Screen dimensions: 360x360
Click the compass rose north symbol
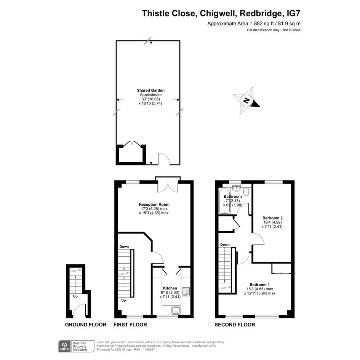coord(246,101)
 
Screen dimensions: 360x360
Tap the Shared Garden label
coord(150,90)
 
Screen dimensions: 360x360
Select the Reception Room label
coord(154,204)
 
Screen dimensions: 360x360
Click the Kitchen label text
coord(170,288)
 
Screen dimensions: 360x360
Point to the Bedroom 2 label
coord(272,218)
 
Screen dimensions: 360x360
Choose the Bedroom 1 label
coord(260,285)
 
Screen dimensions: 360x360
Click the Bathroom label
coord(233,197)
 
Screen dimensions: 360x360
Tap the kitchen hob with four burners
coord(186,291)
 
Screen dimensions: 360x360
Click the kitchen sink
coord(176,310)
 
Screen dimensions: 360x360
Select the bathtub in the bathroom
coord(223,201)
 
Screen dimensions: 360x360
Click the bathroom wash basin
coord(236,188)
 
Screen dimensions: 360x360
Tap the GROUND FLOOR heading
coord(86,325)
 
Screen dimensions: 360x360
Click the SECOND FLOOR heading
coord(235,325)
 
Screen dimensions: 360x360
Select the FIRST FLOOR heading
coord(130,325)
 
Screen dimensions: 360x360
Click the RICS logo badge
coord(64,346)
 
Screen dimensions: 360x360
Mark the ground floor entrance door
coord(80,310)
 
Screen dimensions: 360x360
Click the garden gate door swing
coord(164,158)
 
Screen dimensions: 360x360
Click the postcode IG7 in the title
coord(294,13)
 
